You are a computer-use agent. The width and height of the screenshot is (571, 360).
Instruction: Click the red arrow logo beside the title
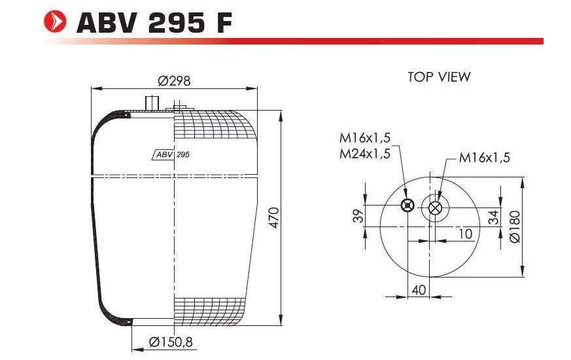click(55, 22)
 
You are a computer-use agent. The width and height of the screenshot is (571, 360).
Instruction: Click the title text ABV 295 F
click(154, 23)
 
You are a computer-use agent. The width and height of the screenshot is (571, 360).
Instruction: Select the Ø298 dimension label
click(174, 81)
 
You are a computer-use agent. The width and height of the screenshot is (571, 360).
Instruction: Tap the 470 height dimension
click(274, 217)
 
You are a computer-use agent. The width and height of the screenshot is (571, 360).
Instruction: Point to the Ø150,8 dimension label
click(171, 342)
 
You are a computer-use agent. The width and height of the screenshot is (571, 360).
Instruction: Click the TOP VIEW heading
click(439, 77)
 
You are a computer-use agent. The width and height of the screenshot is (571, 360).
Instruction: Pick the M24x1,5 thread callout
click(365, 154)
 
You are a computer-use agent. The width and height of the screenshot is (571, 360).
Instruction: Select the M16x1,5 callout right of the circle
click(484, 157)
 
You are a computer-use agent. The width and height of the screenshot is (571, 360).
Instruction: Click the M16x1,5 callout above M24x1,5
click(365, 137)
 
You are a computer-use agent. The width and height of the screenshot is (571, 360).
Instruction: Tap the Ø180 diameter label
click(515, 226)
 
